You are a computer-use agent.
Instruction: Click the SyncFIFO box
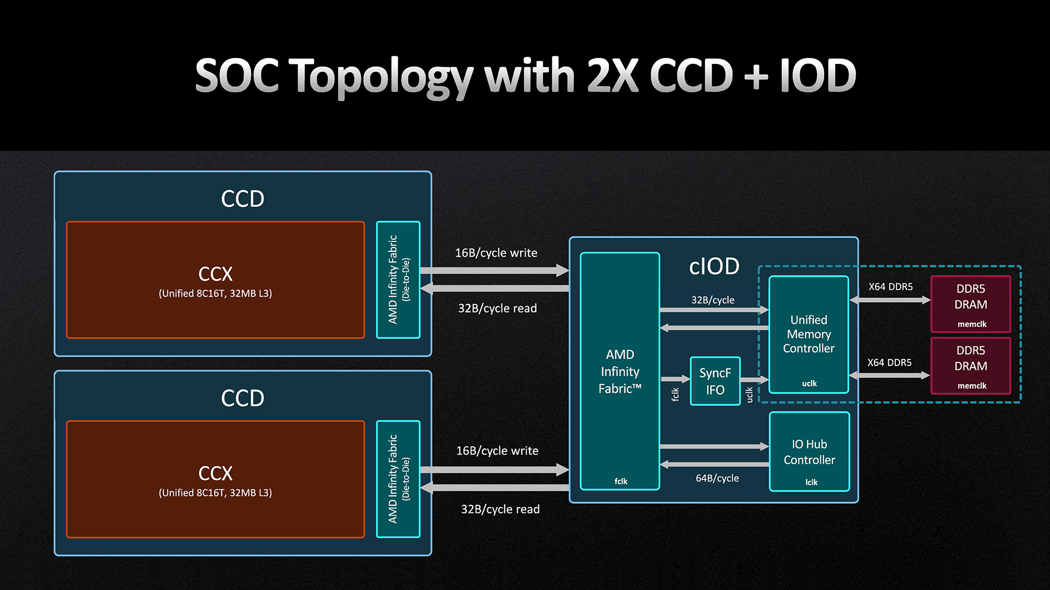point(715,381)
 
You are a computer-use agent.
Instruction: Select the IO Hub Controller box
point(809,452)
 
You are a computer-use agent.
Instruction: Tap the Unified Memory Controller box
point(808,334)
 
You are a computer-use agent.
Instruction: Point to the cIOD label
point(714,267)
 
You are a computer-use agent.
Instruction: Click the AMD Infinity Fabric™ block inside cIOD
point(620,371)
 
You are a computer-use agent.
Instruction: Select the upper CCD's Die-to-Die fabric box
point(398,280)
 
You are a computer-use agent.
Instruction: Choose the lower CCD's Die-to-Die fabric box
point(398,479)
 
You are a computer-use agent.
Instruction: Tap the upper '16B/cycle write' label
point(496,253)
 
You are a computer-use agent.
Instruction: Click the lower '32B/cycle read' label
point(500,509)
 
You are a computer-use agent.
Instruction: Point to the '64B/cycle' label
point(717,478)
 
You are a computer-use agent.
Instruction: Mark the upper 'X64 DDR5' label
point(890,287)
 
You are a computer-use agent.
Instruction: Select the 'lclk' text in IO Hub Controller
point(812,482)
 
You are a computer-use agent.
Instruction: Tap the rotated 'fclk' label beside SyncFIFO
point(675,394)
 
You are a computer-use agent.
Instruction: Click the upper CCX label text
point(215,274)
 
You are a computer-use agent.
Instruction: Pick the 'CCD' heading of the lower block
point(242,398)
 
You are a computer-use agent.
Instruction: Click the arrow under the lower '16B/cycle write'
point(495,469)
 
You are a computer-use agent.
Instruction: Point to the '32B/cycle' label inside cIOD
point(713,300)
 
